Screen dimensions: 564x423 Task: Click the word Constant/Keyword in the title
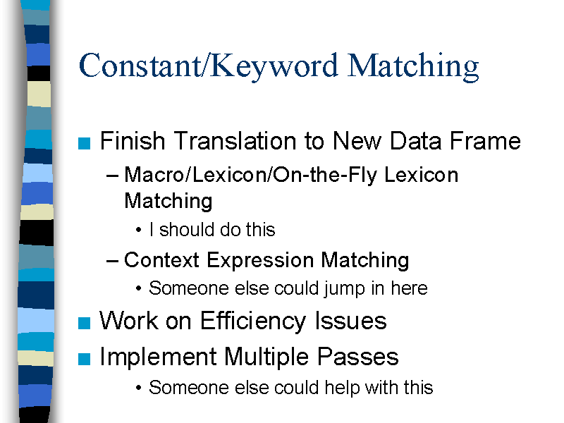(209, 66)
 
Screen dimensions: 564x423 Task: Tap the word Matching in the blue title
(413, 67)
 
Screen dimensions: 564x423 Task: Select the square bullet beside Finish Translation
(84, 143)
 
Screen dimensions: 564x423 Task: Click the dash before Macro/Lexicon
(113, 176)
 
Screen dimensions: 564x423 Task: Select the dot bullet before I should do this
(138, 230)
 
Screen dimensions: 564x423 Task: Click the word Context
(161, 260)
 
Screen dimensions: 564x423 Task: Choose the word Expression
(260, 260)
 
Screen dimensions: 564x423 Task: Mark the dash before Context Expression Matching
(113, 260)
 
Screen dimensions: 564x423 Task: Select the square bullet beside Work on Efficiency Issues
(84, 323)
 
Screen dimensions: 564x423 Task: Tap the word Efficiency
(253, 321)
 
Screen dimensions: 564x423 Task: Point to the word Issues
(350, 321)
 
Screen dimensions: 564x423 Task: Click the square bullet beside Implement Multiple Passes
(84, 359)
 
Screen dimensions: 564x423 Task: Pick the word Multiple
(266, 357)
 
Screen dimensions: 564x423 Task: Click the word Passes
(358, 357)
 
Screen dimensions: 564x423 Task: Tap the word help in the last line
(341, 388)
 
